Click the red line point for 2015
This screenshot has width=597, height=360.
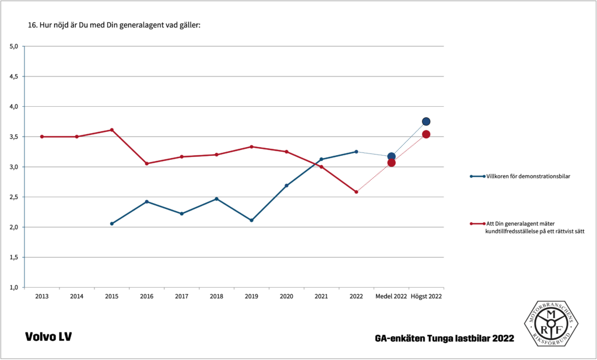tap(111, 130)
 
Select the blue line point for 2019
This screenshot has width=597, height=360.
tap(251, 220)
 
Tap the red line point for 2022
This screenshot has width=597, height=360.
tap(356, 192)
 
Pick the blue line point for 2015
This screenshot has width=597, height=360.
tap(111, 223)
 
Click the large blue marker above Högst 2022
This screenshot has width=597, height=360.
tap(426, 121)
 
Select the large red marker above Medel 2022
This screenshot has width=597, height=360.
tap(391, 163)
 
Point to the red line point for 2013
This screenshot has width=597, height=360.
tap(41, 137)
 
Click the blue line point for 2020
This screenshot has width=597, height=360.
tap(286, 186)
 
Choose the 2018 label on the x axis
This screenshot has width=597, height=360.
tap(216, 296)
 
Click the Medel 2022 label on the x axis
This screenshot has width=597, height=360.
tap(391, 296)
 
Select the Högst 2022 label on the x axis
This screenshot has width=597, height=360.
tap(426, 296)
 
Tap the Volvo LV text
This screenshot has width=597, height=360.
tap(48, 337)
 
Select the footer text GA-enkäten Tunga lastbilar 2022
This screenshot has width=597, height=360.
tap(445, 338)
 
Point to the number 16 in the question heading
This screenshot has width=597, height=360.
tap(32, 26)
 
